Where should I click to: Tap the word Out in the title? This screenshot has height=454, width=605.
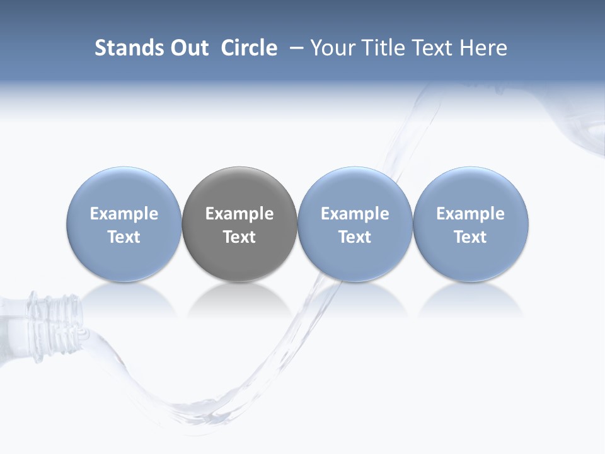188,48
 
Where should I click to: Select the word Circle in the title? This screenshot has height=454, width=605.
249,48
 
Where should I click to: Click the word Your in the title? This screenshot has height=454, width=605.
331,48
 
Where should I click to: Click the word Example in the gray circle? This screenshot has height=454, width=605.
239,214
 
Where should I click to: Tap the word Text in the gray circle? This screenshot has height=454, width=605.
239,237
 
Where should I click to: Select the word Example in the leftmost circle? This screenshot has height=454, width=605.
124,214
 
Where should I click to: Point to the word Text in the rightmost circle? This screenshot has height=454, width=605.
470,237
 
